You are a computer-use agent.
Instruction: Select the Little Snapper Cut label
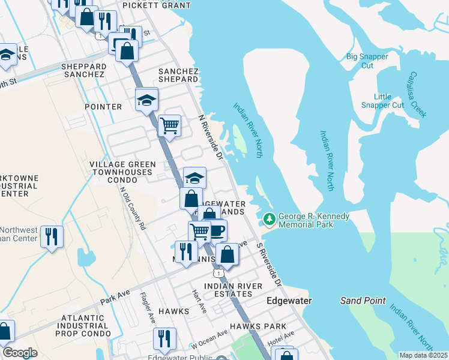pyautogui.click(x=382, y=101)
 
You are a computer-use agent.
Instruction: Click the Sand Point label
pyautogui.click(x=363, y=301)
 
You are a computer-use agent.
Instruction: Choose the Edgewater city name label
pyautogui.click(x=286, y=301)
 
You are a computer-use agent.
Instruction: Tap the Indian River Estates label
pyautogui.click(x=228, y=290)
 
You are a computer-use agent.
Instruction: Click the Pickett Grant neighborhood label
pyautogui.click(x=156, y=5)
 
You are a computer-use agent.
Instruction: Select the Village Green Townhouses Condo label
pyautogui.click(x=122, y=172)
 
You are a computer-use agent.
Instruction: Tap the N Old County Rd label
pyautogui.click(x=133, y=209)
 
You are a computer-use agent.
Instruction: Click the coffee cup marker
pyautogui.click(x=216, y=230)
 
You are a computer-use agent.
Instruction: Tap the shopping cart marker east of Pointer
pyautogui.click(x=170, y=125)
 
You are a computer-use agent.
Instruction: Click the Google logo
pyautogui.click(x=20, y=353)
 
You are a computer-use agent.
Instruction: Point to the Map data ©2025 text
pyautogui.click(x=423, y=355)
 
